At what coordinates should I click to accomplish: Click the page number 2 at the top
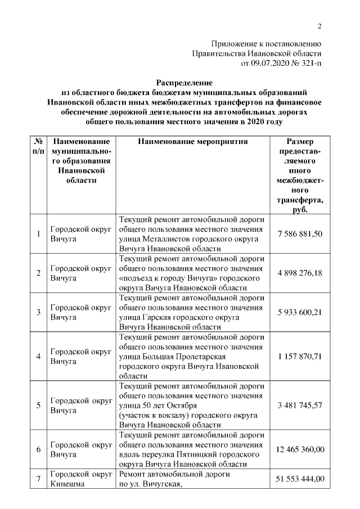coord(319,26)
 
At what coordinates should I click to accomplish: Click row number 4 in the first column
coord(38,357)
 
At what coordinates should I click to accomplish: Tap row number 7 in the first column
coord(38,479)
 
